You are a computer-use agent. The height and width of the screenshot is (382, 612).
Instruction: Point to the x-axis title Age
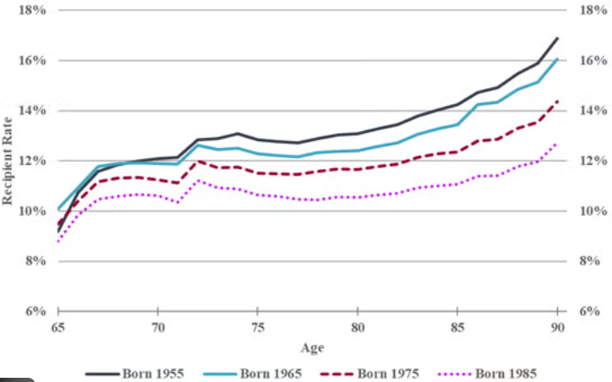click(x=310, y=347)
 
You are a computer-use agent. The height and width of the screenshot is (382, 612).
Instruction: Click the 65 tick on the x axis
click(x=57, y=326)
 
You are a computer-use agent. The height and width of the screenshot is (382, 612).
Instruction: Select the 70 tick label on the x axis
click(x=157, y=326)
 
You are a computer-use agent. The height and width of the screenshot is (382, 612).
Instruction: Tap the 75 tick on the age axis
click(x=257, y=326)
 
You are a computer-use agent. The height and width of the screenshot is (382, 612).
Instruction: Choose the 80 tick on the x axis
click(x=357, y=326)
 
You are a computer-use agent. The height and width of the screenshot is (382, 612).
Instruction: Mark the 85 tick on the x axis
click(x=456, y=326)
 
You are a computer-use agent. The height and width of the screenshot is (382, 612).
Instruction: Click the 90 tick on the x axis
click(x=556, y=326)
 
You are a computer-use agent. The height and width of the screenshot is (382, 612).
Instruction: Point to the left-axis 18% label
click(x=31, y=11)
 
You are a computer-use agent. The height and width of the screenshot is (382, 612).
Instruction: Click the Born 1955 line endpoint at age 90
click(x=557, y=38)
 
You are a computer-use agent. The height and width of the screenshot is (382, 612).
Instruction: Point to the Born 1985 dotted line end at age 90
click(x=557, y=143)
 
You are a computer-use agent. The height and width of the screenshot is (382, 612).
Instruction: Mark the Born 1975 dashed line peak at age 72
click(x=198, y=161)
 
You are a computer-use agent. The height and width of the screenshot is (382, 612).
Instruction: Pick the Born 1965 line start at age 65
click(x=57, y=209)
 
